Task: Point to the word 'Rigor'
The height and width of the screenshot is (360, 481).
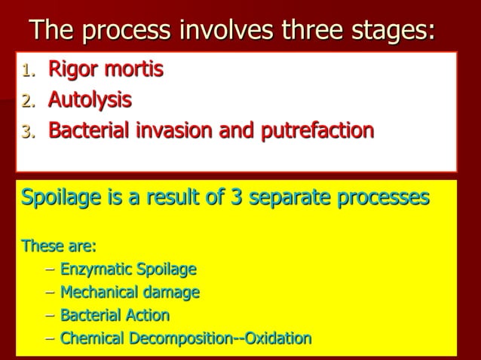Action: click(72, 71)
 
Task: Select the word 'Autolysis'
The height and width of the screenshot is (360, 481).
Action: click(90, 100)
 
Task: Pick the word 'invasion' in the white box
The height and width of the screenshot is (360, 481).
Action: click(194, 130)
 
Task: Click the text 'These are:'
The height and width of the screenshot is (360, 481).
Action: click(59, 246)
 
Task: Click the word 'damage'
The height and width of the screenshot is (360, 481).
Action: click(173, 292)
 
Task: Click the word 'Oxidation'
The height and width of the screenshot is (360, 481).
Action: click(273, 338)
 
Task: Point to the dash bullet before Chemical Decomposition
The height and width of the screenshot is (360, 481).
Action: click(50, 338)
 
